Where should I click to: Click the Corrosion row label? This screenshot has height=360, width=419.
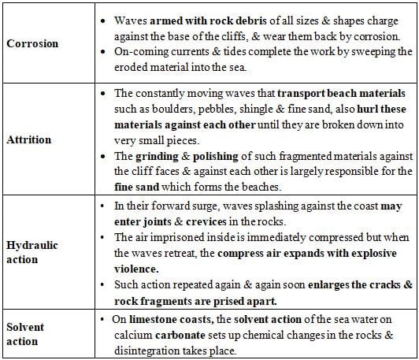click(x=32, y=43)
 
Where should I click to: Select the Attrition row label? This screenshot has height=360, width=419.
click(x=29, y=140)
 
